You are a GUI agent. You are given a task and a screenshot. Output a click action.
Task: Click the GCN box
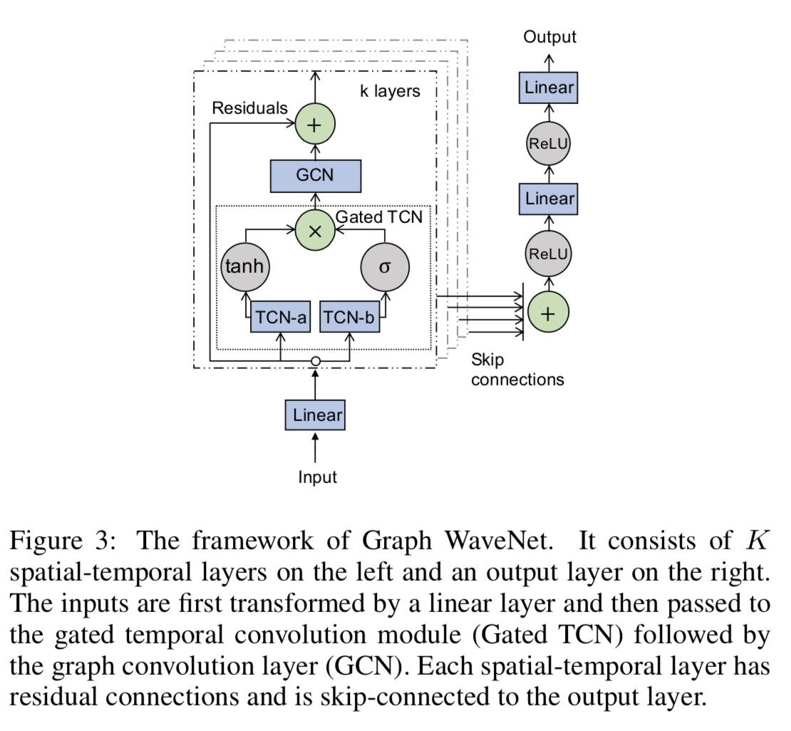[x=315, y=175]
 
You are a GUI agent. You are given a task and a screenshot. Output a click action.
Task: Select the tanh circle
[x=244, y=266]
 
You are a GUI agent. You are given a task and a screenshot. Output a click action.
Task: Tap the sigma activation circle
[x=385, y=267]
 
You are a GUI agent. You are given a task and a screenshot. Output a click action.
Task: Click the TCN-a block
[x=280, y=318]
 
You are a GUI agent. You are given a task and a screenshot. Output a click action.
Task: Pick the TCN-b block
[x=349, y=318]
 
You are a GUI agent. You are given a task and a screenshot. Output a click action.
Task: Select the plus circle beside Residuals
[x=315, y=125]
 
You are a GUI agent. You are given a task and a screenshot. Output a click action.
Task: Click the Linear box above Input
[x=315, y=415]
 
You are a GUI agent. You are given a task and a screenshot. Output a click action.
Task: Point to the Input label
[x=317, y=477]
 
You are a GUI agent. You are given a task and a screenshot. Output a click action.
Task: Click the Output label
[x=549, y=37]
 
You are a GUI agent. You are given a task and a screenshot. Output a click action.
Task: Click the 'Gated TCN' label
[x=378, y=217]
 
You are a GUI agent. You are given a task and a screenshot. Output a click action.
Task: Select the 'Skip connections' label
[x=517, y=369]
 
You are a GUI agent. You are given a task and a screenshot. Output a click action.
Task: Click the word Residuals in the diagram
[x=249, y=108]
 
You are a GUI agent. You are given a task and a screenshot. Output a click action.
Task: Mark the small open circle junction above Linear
[x=316, y=362]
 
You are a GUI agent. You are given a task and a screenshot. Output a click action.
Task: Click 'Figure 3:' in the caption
[x=61, y=541]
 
